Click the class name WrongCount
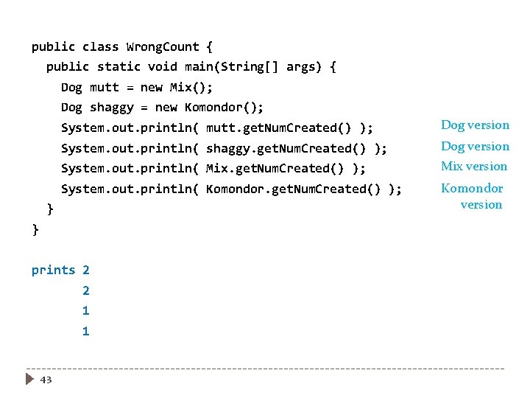point(163,46)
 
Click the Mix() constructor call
point(191,87)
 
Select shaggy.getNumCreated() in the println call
point(286,148)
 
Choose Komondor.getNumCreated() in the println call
point(293,189)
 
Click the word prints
point(53,270)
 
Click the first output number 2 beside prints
point(86,270)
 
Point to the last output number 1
point(86,331)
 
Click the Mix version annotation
point(474,166)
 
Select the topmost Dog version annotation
point(475,125)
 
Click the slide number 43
point(46,380)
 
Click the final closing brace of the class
point(35,229)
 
